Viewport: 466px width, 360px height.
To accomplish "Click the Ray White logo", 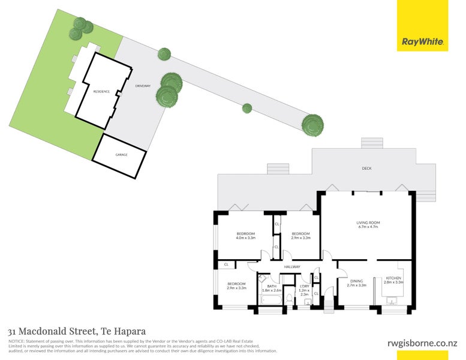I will click(x=422, y=42).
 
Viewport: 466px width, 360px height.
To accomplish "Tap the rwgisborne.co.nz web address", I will click(x=420, y=343).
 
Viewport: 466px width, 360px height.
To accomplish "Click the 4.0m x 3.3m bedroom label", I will click(x=246, y=236).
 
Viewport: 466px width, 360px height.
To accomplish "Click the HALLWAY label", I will click(x=292, y=267).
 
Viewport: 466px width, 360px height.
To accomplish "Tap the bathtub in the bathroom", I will click(x=270, y=302).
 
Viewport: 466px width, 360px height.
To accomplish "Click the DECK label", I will click(x=366, y=169).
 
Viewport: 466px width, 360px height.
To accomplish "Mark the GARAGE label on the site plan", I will click(x=121, y=155).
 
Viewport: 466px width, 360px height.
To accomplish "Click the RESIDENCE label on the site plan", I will click(x=101, y=91).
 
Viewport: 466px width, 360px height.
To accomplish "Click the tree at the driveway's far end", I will click(x=312, y=124).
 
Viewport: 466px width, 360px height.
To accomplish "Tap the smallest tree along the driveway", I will click(x=246, y=109).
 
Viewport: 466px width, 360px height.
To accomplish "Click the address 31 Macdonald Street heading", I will click(x=77, y=331).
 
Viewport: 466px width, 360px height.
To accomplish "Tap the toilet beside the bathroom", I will click(x=308, y=302).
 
